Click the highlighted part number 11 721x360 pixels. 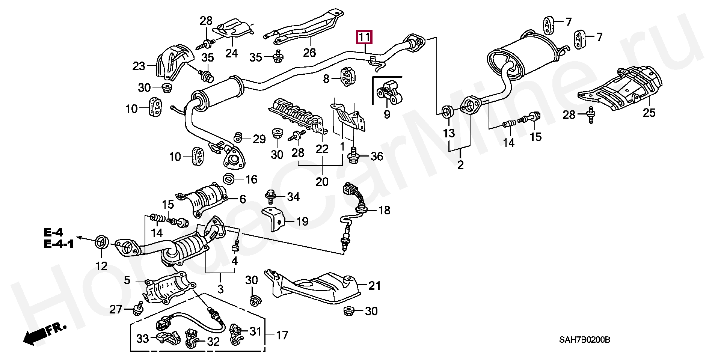click(365, 38)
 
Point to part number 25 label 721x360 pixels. click(649, 112)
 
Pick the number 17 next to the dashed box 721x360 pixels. click(282, 334)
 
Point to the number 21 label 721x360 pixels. click(374, 286)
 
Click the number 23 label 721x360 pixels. click(139, 66)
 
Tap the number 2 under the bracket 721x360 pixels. click(460, 165)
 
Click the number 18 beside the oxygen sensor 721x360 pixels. click(384, 210)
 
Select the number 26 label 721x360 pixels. click(309, 52)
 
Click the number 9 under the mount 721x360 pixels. click(387, 114)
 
